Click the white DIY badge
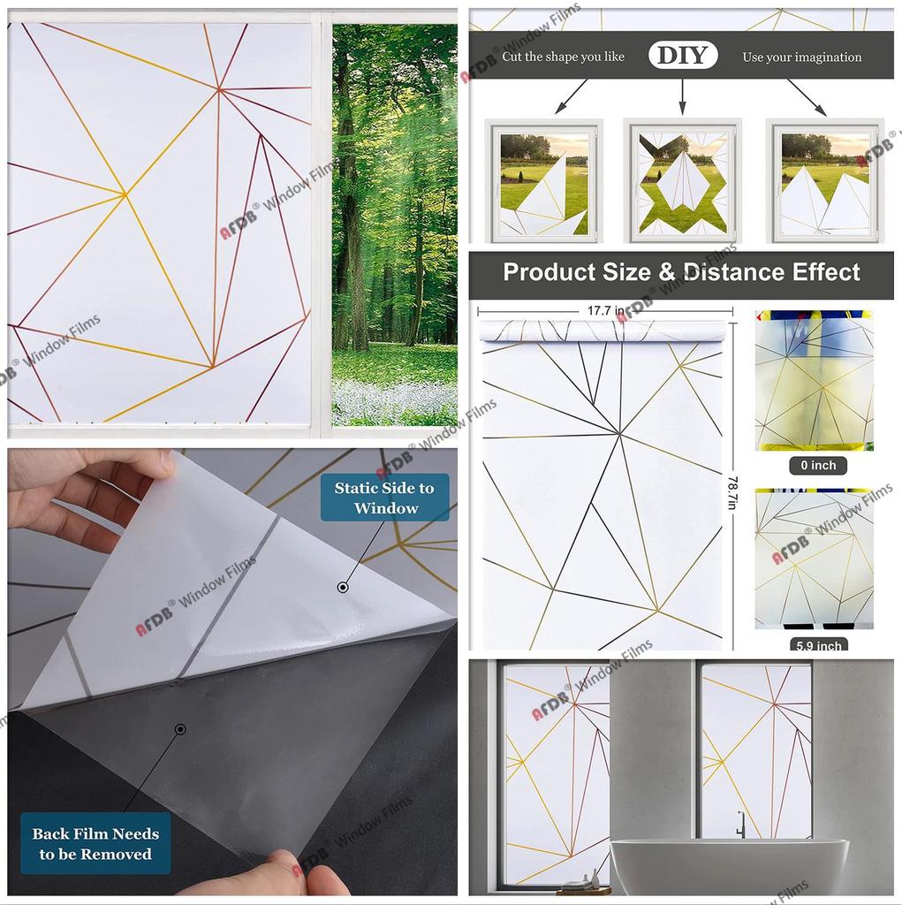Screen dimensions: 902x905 click(683, 56)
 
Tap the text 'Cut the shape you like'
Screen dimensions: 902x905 click(563, 57)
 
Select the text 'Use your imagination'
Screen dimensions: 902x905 click(801, 57)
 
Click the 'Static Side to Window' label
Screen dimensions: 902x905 click(385, 498)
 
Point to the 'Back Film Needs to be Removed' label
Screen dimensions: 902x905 click(95, 843)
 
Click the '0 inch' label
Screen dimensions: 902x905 click(818, 465)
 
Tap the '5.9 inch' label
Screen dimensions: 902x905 click(818, 644)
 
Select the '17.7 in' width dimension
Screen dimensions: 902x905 click(605, 310)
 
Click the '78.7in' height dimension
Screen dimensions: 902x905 click(733, 491)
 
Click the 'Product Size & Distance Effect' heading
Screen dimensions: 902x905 click(681, 272)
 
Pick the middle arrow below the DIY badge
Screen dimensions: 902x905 click(683, 96)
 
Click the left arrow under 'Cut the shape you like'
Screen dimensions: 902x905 click(571, 96)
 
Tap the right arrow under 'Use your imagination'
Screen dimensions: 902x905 click(807, 97)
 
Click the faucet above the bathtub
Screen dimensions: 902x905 click(741, 825)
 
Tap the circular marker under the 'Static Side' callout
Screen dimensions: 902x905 click(343, 588)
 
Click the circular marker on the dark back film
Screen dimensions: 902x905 click(180, 729)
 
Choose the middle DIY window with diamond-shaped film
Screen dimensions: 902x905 click(683, 180)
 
